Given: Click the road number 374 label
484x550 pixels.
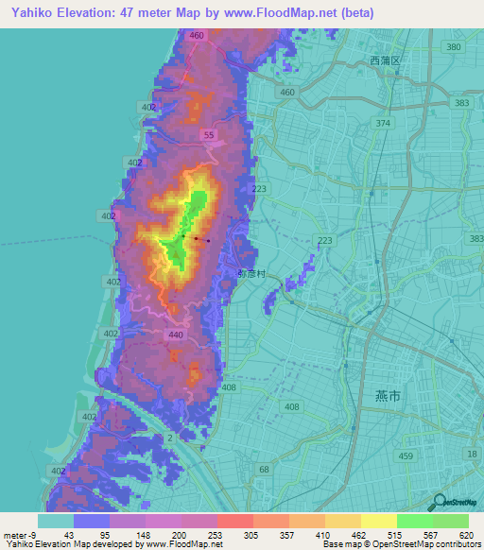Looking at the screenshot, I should [383, 124].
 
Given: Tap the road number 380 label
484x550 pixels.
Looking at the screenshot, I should [453, 47].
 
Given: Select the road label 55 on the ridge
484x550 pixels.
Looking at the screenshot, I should [209, 137].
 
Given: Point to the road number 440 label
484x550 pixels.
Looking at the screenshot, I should [175, 335].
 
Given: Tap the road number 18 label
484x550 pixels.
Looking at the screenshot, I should [472, 455].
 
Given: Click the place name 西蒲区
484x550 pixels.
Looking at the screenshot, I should [386, 60].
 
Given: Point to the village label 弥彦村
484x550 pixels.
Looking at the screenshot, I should [252, 273].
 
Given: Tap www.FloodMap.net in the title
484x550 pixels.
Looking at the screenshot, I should [285, 13].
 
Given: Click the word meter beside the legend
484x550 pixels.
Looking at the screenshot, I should [17, 534].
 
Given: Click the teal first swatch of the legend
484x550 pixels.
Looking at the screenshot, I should [56, 521].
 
